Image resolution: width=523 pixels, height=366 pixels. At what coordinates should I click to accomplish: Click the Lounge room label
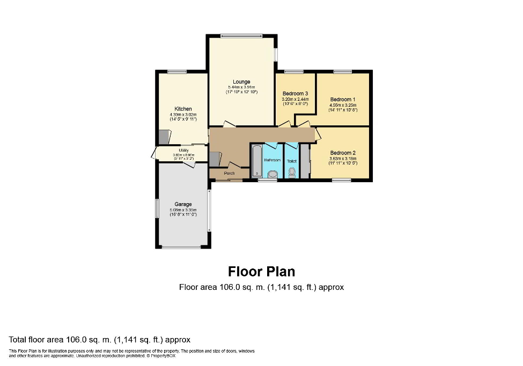tap(241, 82)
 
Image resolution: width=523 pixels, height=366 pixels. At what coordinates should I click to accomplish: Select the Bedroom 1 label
tap(342, 100)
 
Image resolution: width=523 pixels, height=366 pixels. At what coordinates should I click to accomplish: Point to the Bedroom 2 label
tap(343, 153)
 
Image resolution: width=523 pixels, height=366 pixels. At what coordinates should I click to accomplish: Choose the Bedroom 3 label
tap(295, 94)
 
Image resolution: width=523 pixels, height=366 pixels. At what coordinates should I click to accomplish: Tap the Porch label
tap(229, 173)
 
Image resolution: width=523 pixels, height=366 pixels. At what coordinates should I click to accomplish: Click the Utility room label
tap(183, 151)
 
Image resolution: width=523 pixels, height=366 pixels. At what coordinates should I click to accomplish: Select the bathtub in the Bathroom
tap(256, 160)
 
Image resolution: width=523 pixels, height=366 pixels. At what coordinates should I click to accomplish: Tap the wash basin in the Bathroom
tap(272, 174)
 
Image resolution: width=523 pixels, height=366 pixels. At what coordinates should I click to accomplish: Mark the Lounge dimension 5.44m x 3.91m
tap(241, 87)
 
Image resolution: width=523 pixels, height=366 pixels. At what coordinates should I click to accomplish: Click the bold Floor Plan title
tap(261, 271)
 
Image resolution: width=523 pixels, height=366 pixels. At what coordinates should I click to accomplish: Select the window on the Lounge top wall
tap(241, 36)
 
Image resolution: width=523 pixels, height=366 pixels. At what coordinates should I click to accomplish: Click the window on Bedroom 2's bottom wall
tap(341, 180)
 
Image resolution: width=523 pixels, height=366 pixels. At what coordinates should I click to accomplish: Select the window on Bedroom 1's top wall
tap(342, 71)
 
